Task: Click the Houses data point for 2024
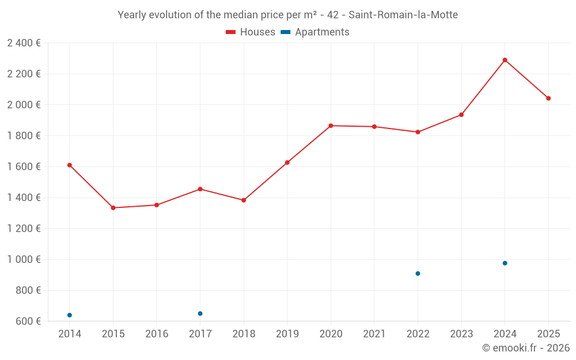tap(505, 60)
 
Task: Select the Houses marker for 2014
tap(70, 165)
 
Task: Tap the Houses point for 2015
tap(113, 208)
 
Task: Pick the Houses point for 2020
tap(331, 126)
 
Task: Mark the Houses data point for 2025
tap(548, 98)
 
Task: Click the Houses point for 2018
tap(244, 200)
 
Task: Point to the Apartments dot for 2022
tap(418, 274)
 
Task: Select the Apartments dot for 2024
tap(505, 263)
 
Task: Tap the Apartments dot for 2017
tap(200, 313)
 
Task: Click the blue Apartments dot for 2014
tap(70, 315)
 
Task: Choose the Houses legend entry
tap(251, 32)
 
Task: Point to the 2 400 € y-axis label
tap(24, 43)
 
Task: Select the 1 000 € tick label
tap(24, 259)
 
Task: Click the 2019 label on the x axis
tap(287, 334)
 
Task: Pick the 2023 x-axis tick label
tap(461, 334)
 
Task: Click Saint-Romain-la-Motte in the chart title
tap(403, 15)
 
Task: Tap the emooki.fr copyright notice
tap(525, 348)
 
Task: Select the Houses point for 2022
tap(418, 132)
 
